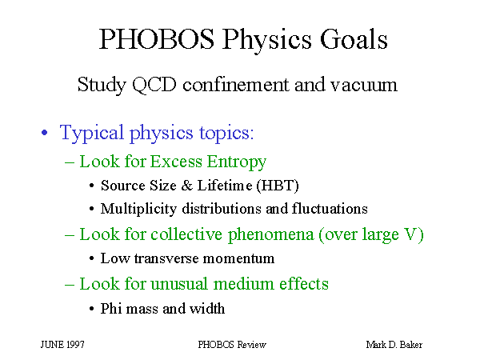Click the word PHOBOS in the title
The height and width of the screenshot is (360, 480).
(x=157, y=39)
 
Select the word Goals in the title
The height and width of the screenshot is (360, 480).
(x=354, y=39)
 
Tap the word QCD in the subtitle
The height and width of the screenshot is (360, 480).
(x=154, y=85)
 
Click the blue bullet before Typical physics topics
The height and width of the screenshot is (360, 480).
(x=45, y=133)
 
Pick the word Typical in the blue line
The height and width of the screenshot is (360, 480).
(x=91, y=133)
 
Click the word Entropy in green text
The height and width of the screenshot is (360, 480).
(x=236, y=162)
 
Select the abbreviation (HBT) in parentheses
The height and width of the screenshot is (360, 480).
(x=278, y=186)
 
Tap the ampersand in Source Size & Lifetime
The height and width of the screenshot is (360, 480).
(x=186, y=186)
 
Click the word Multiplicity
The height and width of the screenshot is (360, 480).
(x=138, y=209)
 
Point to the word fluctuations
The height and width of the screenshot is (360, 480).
(x=330, y=209)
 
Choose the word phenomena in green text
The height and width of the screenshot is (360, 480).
(x=271, y=235)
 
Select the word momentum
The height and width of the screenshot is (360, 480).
(x=238, y=258)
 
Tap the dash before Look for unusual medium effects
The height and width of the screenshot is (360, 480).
(x=70, y=285)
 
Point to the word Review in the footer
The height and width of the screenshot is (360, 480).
(x=252, y=345)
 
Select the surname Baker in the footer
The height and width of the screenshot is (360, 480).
(x=411, y=345)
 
